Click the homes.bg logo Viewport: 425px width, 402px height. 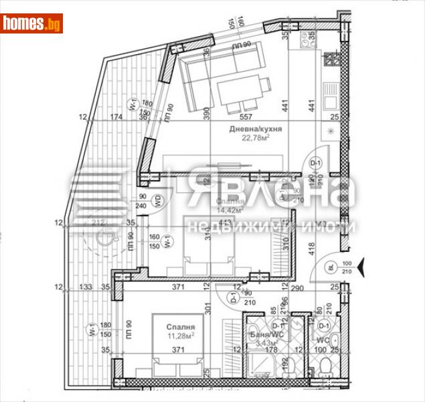pos(31,23)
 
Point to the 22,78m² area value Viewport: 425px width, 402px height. pos(255,138)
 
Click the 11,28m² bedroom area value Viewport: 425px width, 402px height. pos(180,335)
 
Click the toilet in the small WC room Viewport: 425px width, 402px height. pos(325,367)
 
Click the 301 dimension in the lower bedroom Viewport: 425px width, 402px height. pos(208,309)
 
